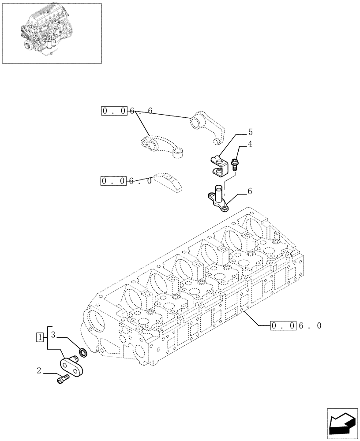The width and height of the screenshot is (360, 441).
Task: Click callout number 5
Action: click(x=250, y=132)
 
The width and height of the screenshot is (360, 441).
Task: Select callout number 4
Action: click(x=250, y=144)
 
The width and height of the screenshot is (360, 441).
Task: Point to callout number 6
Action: click(x=250, y=191)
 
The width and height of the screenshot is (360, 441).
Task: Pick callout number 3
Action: click(x=53, y=334)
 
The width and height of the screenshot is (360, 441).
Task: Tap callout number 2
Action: click(x=40, y=371)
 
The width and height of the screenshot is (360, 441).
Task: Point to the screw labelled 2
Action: click(x=63, y=378)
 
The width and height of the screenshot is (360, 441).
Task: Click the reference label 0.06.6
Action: click(x=127, y=111)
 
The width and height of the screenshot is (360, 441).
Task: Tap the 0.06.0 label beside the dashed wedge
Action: click(x=127, y=181)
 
